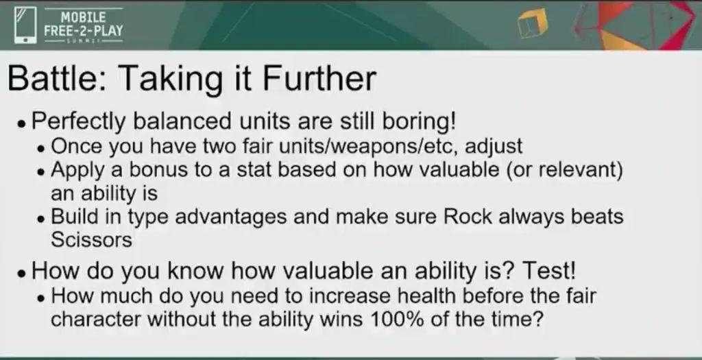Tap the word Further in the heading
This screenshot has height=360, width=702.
click(319, 78)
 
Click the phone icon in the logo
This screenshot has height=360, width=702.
click(25, 25)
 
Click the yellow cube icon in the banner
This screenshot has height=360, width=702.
click(532, 23)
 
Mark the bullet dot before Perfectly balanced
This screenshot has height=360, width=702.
click(21, 124)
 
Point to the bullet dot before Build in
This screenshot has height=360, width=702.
click(41, 219)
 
